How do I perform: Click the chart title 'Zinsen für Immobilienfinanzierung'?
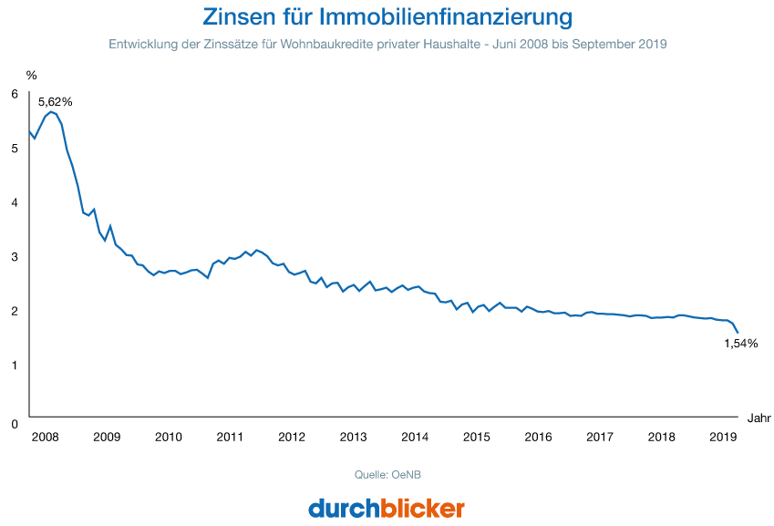(x=387, y=16)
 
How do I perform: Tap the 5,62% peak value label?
(x=55, y=101)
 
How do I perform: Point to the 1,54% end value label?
(x=740, y=344)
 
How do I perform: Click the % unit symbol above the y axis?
(x=32, y=74)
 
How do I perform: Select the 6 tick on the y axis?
(x=15, y=94)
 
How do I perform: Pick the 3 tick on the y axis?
(x=15, y=257)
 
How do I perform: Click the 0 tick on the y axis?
(x=15, y=424)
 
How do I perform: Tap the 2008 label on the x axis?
(x=45, y=437)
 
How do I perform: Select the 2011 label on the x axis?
(x=230, y=437)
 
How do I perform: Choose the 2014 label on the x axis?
(x=415, y=437)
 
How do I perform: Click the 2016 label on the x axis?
(x=538, y=437)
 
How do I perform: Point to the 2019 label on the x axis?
(x=723, y=437)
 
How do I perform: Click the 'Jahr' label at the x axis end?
(x=759, y=418)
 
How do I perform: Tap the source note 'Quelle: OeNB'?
(x=387, y=475)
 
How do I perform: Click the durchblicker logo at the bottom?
(x=387, y=507)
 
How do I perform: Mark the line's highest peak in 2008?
(x=51, y=112)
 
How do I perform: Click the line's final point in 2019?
(x=737, y=332)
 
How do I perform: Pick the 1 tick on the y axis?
(x=15, y=366)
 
